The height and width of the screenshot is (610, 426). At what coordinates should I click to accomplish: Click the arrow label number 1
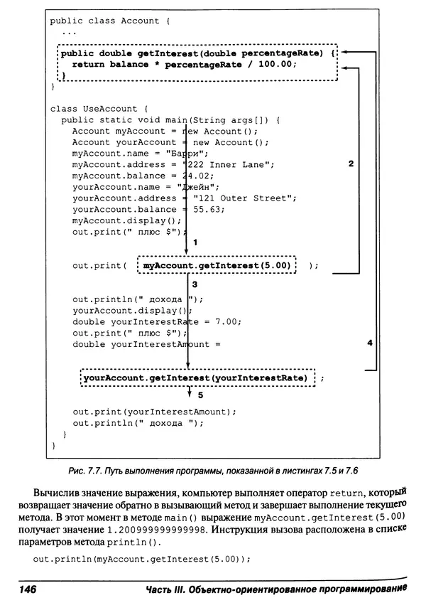(x=195, y=243)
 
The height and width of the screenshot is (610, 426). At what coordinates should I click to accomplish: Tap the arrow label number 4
(x=369, y=343)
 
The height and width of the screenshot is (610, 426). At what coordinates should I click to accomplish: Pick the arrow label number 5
(x=200, y=395)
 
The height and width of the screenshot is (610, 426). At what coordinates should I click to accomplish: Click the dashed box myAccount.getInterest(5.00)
(x=217, y=266)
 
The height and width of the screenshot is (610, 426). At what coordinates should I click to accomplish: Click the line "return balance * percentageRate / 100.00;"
(x=183, y=63)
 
